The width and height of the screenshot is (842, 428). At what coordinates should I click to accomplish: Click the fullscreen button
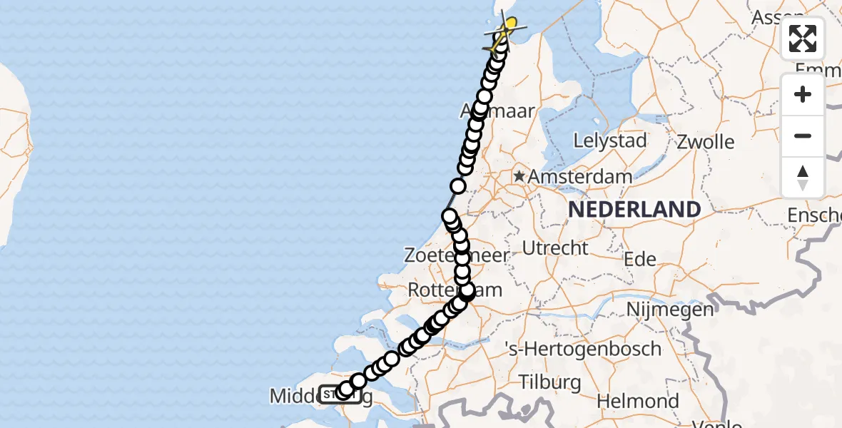803,39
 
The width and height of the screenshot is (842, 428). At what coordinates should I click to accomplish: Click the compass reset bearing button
803,177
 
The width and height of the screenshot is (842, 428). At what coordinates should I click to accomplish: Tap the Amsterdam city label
582,177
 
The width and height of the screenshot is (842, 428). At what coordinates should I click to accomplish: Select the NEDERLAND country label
634,209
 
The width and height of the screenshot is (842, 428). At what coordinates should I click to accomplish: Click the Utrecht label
555,248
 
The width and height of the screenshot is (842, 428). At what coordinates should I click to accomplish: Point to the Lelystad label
609,141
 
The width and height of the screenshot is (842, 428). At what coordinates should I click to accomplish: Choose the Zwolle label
706,141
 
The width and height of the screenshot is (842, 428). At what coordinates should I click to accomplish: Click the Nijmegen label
670,310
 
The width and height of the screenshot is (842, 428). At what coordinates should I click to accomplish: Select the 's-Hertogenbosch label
583,350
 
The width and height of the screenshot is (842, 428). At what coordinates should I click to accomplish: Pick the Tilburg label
550,382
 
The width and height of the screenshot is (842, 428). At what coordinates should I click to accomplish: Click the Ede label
640,259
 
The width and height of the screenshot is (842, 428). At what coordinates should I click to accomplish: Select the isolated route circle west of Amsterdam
458,186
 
